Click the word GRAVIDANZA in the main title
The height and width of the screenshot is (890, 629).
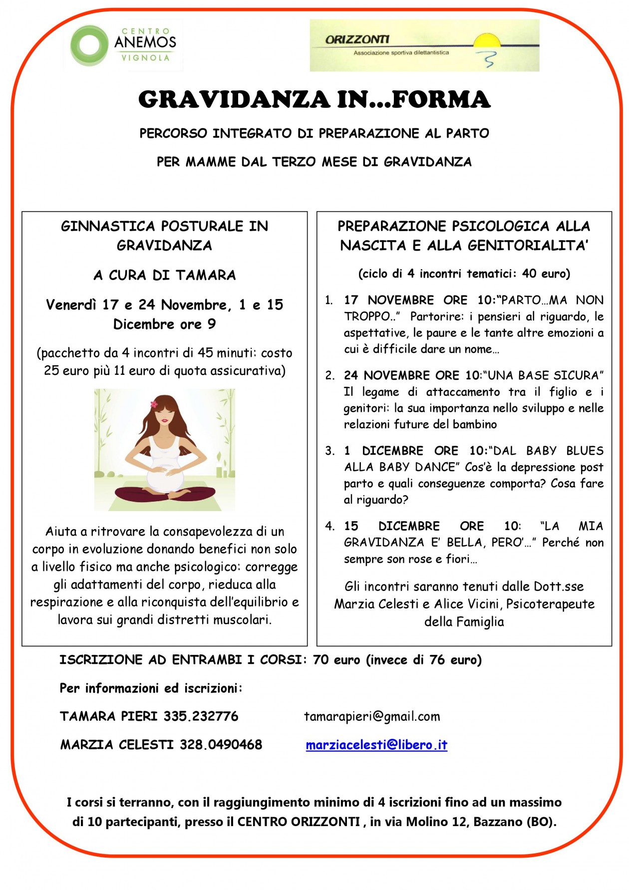coord(234,99)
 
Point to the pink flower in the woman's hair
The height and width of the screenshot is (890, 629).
coord(154,404)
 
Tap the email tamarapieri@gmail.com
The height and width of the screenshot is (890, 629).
coord(372,717)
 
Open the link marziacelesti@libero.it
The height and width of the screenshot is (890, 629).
coord(376,745)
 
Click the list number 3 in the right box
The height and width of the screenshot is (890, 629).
coord(329,451)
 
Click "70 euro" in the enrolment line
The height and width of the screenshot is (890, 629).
coord(336,660)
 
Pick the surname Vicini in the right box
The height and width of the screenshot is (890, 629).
coord(483,604)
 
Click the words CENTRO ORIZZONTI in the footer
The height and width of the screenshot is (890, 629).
coord(299,822)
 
